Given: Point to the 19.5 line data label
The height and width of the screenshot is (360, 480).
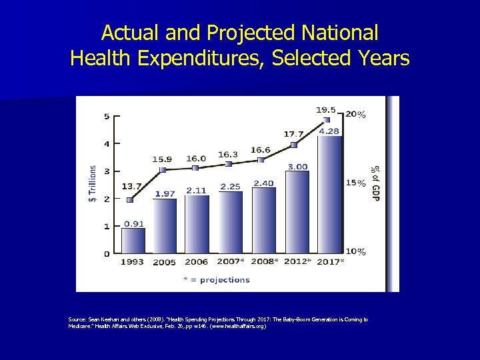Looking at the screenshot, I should pos(325,110).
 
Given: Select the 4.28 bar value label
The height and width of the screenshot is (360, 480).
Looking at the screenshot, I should pos(329,131).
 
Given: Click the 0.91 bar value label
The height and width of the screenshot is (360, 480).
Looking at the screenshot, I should pos(133,223).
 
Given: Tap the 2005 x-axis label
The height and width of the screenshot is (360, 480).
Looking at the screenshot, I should pos(165,262).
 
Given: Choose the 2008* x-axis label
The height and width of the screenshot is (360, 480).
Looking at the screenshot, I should pos(265,262).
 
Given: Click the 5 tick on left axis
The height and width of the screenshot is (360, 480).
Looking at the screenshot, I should pos(107,117).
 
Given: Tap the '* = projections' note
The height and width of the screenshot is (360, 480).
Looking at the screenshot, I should pos(217,279).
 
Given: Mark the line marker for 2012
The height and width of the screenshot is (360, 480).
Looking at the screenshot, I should pos(294,145).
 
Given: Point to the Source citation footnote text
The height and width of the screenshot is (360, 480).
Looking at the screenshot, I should pos(217,323).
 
